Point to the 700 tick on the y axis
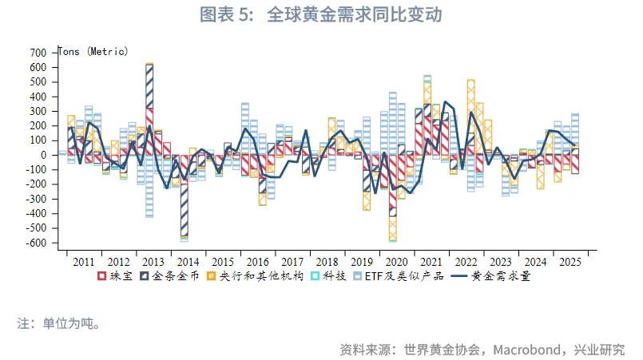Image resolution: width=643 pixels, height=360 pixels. click(38, 53)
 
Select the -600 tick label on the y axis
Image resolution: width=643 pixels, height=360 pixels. click(36, 242)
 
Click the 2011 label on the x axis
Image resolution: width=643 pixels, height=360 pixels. click(84, 262)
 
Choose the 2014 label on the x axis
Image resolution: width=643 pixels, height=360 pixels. click(188, 262)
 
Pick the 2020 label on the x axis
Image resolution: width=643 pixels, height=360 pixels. click(396, 262)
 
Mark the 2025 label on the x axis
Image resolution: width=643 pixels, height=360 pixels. click(570, 262)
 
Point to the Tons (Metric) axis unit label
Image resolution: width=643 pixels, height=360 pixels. click(93, 51)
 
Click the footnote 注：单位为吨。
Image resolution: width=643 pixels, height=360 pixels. click(59, 324)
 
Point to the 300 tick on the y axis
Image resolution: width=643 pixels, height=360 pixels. click(38, 111)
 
